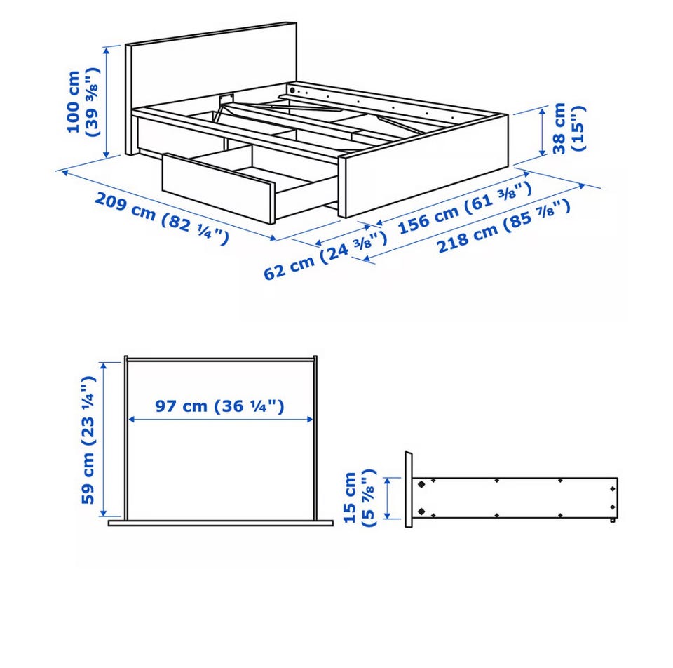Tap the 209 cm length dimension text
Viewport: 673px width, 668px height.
161,219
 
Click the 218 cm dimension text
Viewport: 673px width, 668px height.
504,226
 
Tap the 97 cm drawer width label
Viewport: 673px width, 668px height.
219,406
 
